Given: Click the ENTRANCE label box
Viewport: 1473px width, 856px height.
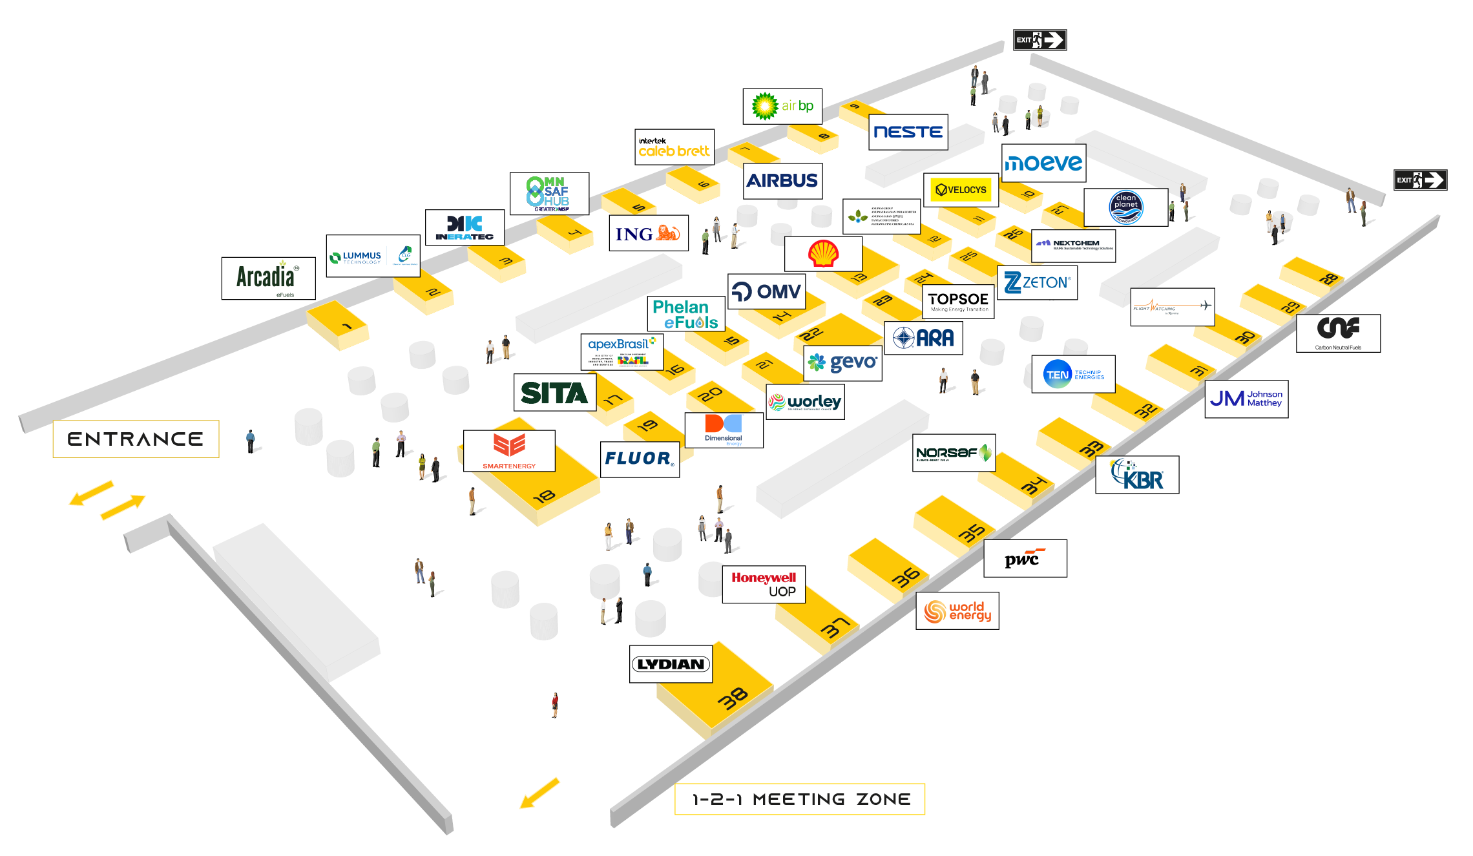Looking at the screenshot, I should pos(136,439).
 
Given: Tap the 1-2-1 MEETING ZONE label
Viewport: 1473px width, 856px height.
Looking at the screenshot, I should pos(800,799).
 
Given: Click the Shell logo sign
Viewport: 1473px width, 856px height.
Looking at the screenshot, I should pos(823,253).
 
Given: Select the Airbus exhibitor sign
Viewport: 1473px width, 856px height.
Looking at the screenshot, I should pos(782,181).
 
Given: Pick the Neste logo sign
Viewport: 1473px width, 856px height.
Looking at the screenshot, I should pos(908,132).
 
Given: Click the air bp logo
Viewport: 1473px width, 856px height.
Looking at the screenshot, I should pos(782,106).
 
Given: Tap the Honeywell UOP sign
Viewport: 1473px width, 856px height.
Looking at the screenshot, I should pos(764,584).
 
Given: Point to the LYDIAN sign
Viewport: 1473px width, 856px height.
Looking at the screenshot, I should pos(671,664).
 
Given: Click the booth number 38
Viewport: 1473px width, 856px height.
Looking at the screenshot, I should pos(733,698).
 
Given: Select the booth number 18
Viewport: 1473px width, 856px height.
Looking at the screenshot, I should pos(544,496).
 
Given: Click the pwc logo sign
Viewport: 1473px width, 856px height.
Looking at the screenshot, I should pos(1025,558).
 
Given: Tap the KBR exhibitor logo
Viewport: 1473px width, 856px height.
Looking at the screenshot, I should pos(1137,475).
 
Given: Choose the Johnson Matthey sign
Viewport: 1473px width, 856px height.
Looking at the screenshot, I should pos(1246,399).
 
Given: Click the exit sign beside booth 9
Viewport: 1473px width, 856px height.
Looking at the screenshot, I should pos(1039,40).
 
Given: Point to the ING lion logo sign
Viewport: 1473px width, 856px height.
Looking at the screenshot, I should pos(648,233).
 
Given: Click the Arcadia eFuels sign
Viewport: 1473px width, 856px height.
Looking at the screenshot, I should pos(268,278).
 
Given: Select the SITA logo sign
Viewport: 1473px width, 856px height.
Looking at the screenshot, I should pos(554,393).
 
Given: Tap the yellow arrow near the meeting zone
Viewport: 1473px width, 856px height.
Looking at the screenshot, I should pos(539,793).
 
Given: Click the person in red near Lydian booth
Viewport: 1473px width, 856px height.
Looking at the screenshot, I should pos(555,705).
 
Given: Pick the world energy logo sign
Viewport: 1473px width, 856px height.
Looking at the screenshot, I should pos(957,611).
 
